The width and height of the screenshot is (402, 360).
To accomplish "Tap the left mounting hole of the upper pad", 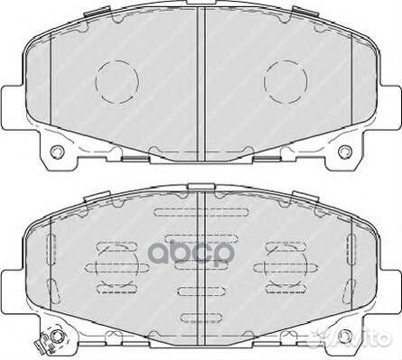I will point(57,150).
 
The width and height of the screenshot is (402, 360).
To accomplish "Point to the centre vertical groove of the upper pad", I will point(201,81).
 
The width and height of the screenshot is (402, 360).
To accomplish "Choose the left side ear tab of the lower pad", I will point(11,282).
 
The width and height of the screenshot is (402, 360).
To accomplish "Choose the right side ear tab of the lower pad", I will point(391,282).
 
